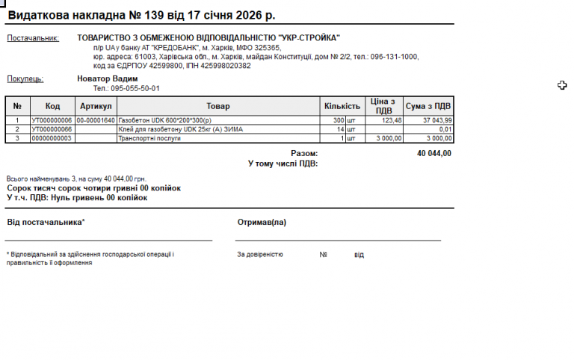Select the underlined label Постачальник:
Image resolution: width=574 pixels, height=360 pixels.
coord(33,38)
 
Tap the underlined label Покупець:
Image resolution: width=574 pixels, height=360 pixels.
coord(25,79)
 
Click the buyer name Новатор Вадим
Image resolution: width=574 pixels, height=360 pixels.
coord(108,78)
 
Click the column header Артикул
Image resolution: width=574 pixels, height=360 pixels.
coord(96,107)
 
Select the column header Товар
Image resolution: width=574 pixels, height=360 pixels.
coord(218,107)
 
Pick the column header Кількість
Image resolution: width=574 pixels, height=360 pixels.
coord(342,107)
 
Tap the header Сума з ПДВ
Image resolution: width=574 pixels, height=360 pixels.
coord(428,107)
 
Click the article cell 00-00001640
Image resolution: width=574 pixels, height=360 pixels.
coord(96,120)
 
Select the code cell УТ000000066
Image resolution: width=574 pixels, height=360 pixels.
coord(52,129)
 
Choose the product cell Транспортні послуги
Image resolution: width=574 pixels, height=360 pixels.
coord(150,138)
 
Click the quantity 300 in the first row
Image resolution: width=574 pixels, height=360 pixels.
coord(338,120)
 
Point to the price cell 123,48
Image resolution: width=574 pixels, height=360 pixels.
coord(392,120)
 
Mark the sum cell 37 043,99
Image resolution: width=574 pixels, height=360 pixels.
coord(437,120)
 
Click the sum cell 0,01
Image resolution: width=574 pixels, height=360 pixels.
coord(445,129)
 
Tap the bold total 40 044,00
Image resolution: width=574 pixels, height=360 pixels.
coord(434,153)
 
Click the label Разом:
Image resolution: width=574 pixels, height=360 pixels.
coord(304,153)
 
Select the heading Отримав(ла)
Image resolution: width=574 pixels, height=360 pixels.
coord(262,222)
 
